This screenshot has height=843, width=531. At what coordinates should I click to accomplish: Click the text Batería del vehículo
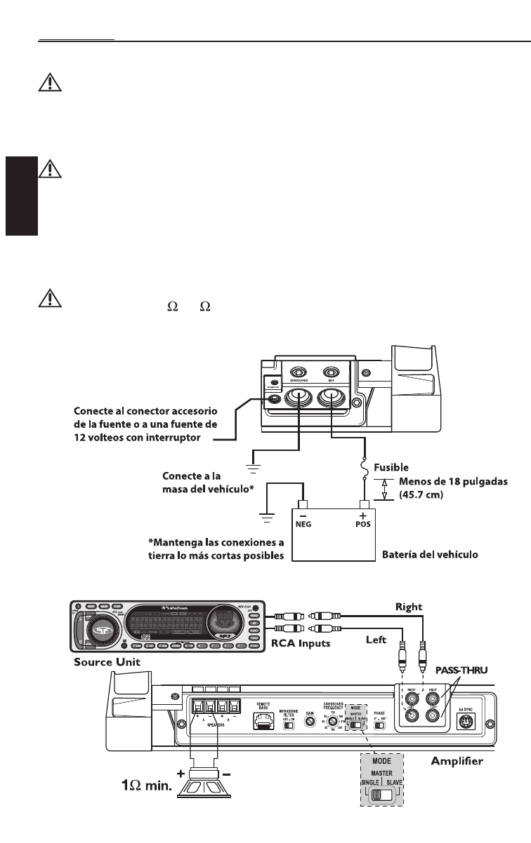click(x=430, y=554)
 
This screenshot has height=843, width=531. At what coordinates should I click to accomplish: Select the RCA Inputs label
click(x=301, y=643)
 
